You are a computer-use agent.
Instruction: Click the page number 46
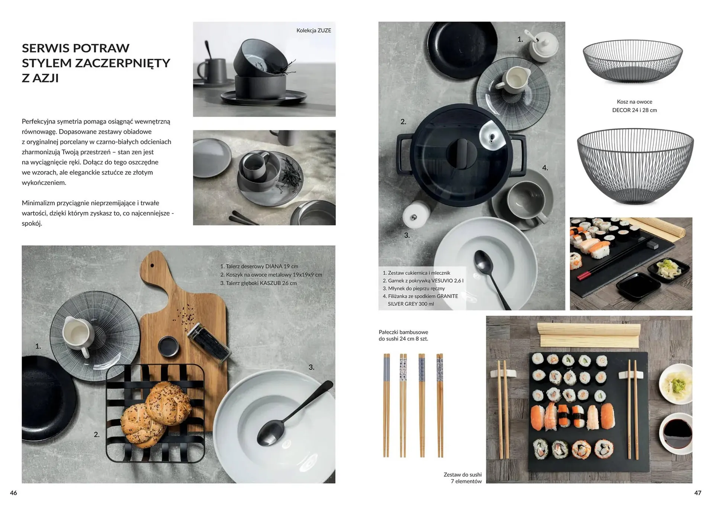tap(13, 493)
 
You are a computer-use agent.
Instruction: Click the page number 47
tap(698, 493)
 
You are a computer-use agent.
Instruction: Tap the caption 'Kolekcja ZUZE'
tap(313, 30)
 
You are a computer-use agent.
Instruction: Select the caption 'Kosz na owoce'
tap(634, 102)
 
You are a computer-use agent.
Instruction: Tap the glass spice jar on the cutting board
tap(209, 342)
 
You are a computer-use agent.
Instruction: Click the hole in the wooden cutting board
tap(152, 266)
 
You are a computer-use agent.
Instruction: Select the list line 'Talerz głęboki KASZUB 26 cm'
tap(258, 283)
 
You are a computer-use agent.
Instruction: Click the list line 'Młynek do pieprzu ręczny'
tap(414, 288)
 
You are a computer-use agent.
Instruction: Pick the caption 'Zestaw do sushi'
tap(462, 475)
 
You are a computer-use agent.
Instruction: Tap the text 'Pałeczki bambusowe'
tap(403, 332)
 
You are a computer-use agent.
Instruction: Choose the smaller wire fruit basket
tap(633, 61)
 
